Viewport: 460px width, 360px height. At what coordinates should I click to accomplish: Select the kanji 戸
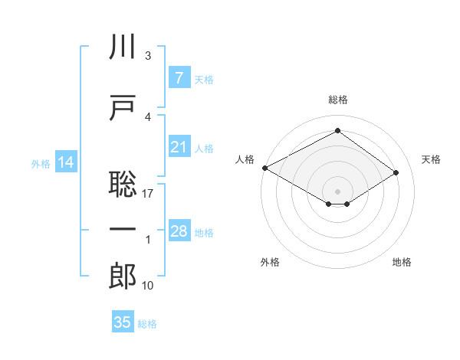click(123, 106)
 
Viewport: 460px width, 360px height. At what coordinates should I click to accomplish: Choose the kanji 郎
click(123, 277)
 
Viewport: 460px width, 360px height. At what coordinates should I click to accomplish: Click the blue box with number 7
click(179, 77)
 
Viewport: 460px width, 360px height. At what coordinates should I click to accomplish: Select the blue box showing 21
click(179, 147)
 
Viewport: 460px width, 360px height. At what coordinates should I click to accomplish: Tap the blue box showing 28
click(179, 231)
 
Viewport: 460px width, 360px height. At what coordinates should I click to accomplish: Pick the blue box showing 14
click(66, 162)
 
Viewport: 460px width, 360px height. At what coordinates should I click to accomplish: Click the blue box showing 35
click(123, 322)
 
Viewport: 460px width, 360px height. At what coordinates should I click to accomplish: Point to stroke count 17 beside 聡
click(148, 194)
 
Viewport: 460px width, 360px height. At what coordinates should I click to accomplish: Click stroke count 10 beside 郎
click(148, 286)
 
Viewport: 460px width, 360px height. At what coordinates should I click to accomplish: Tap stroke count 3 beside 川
click(148, 56)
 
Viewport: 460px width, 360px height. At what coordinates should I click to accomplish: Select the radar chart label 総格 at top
click(338, 100)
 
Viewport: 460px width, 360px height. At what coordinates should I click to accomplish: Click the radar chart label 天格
click(432, 159)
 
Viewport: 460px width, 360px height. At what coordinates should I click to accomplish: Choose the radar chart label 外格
click(270, 262)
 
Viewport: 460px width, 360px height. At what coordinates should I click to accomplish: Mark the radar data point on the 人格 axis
click(264, 167)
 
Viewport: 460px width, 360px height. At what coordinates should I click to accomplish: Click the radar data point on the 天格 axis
click(396, 173)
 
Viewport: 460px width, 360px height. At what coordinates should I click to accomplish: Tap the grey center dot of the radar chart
click(337, 190)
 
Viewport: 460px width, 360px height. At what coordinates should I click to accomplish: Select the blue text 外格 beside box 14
click(41, 163)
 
